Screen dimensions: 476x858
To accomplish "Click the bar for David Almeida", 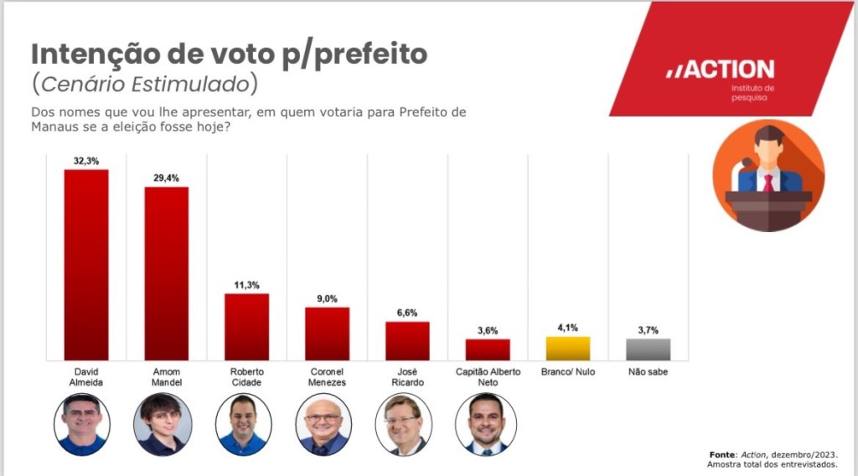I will pos(86,264).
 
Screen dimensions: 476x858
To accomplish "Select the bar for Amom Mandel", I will pos(167,272).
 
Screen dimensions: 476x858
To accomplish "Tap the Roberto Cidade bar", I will pos(247,326).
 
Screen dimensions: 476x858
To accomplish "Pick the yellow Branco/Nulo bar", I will pos(568,348).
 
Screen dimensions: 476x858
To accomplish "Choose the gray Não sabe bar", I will pos(649,349).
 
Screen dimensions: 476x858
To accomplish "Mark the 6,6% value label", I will pos(407,312).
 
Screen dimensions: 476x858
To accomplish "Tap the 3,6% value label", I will pos(488,329).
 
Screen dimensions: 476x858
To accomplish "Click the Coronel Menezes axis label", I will pos(327,376).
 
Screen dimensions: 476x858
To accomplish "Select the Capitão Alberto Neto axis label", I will pos(488,376).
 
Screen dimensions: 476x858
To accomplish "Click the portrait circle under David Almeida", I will pos(82,424).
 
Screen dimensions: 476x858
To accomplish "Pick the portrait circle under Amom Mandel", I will pos(163,424).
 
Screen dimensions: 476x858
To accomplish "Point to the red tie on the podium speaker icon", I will pos(768,182).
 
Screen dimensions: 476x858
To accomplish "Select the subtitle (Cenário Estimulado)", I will pos(144,85).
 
